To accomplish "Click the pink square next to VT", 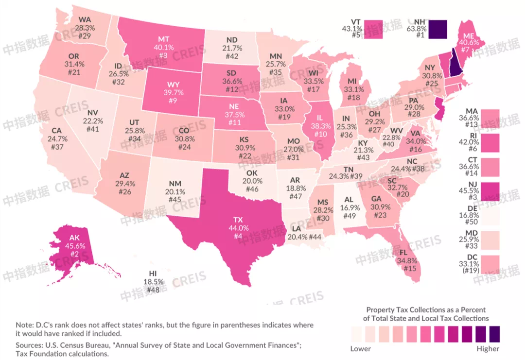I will [374, 29].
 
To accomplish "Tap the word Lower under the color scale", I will [360, 348].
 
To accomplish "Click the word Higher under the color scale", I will [488, 348].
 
